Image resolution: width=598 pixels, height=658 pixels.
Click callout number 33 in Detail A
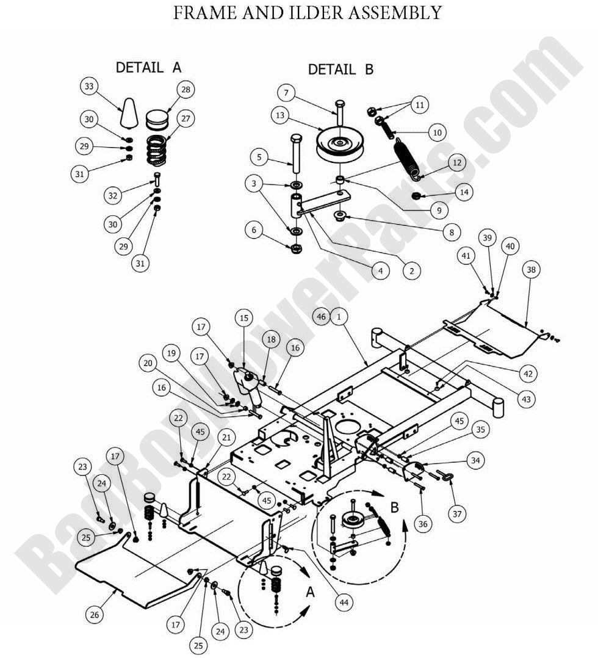[x=90, y=87]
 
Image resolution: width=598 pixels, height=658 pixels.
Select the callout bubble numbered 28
[x=186, y=90]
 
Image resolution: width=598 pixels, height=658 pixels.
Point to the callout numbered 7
[x=286, y=93]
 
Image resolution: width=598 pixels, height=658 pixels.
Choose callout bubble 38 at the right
[x=531, y=269]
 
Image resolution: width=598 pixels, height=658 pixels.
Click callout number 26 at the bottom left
[x=94, y=615]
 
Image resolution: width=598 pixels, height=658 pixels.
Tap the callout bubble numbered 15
[x=244, y=318]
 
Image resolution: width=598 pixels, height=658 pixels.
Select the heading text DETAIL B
[x=340, y=70]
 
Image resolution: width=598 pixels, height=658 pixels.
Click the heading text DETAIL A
[x=148, y=67]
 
